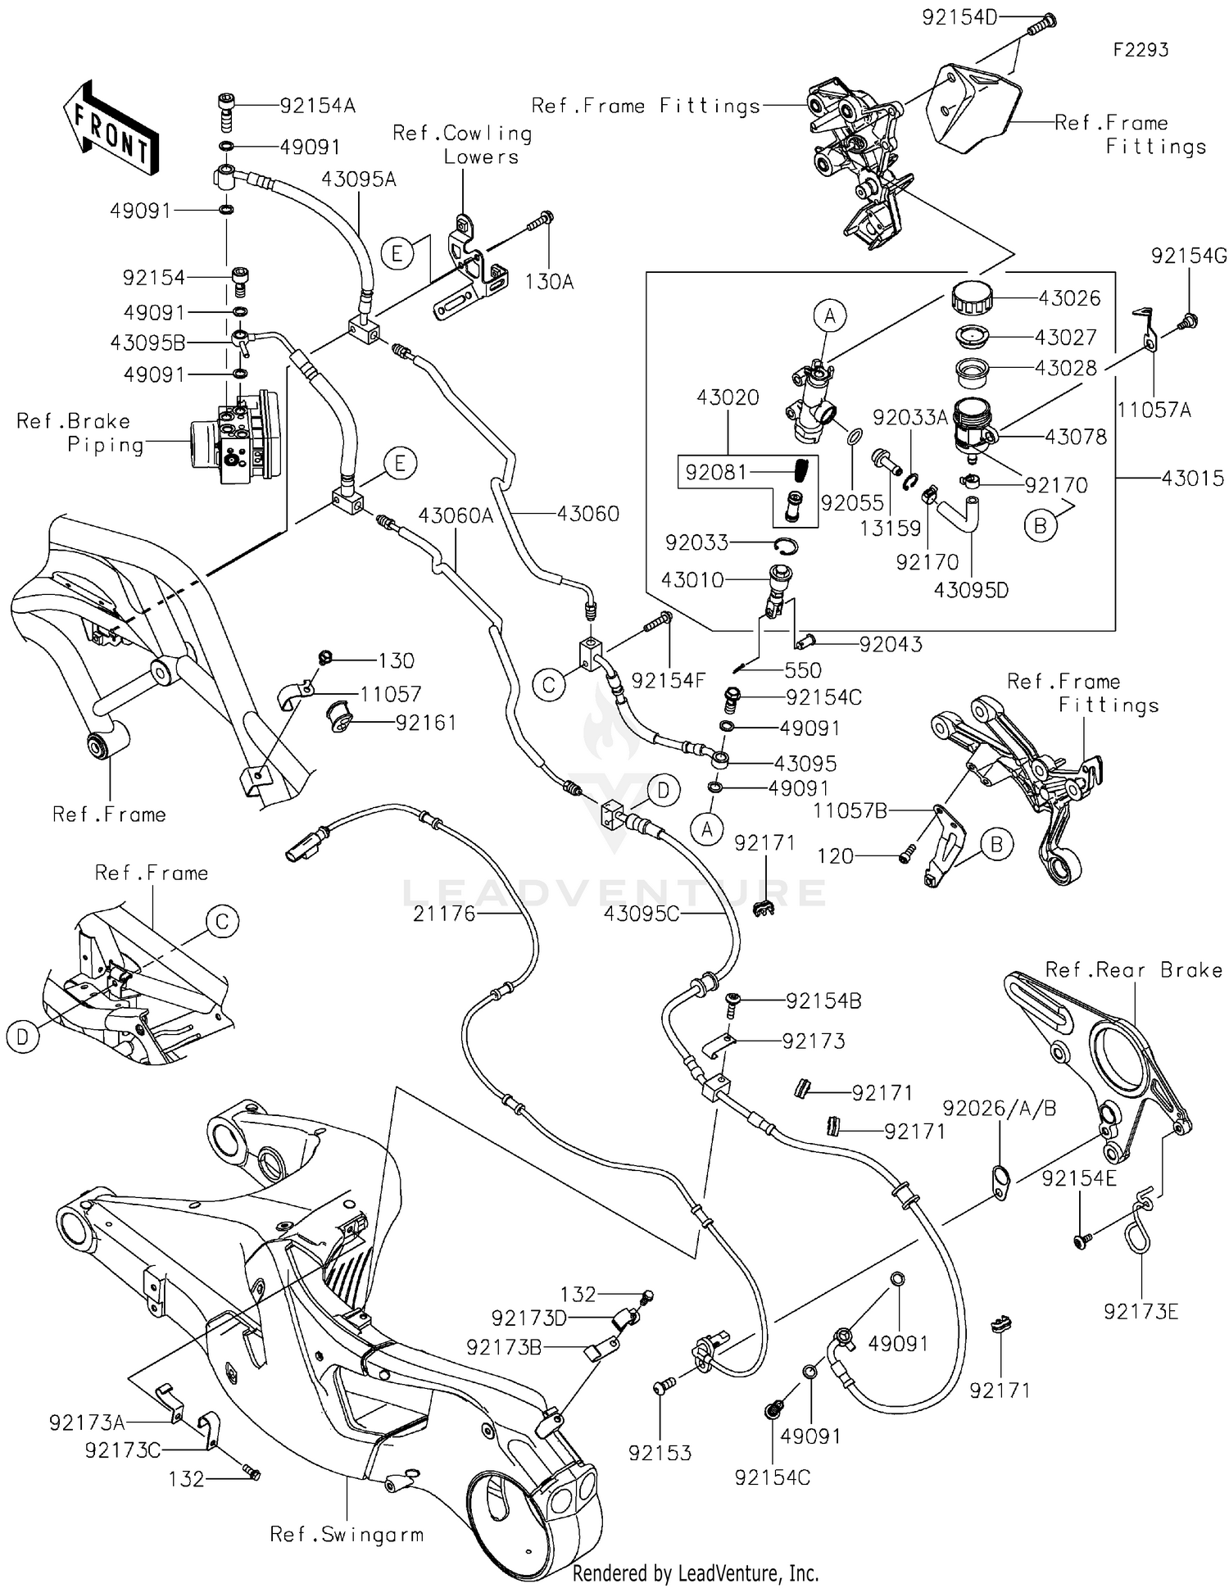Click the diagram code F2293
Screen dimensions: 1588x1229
(1140, 50)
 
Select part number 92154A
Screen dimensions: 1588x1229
(317, 106)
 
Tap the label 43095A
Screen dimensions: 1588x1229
(358, 179)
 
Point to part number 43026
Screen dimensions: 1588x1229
(1069, 298)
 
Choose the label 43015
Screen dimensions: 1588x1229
(1192, 478)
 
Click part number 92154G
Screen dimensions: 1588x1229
(1189, 256)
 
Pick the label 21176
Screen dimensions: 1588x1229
(444, 914)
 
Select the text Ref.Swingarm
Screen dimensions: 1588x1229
(347, 1535)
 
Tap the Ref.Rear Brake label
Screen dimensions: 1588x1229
(1133, 970)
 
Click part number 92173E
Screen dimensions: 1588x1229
(1141, 1312)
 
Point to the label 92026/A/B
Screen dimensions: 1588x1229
(1000, 1109)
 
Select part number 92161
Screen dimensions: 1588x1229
(425, 723)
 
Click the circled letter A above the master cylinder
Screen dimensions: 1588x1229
(829, 315)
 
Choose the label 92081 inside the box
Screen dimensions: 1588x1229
(716, 473)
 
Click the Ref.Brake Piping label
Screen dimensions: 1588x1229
(79, 433)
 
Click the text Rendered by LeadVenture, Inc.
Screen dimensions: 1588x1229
(695, 1572)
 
